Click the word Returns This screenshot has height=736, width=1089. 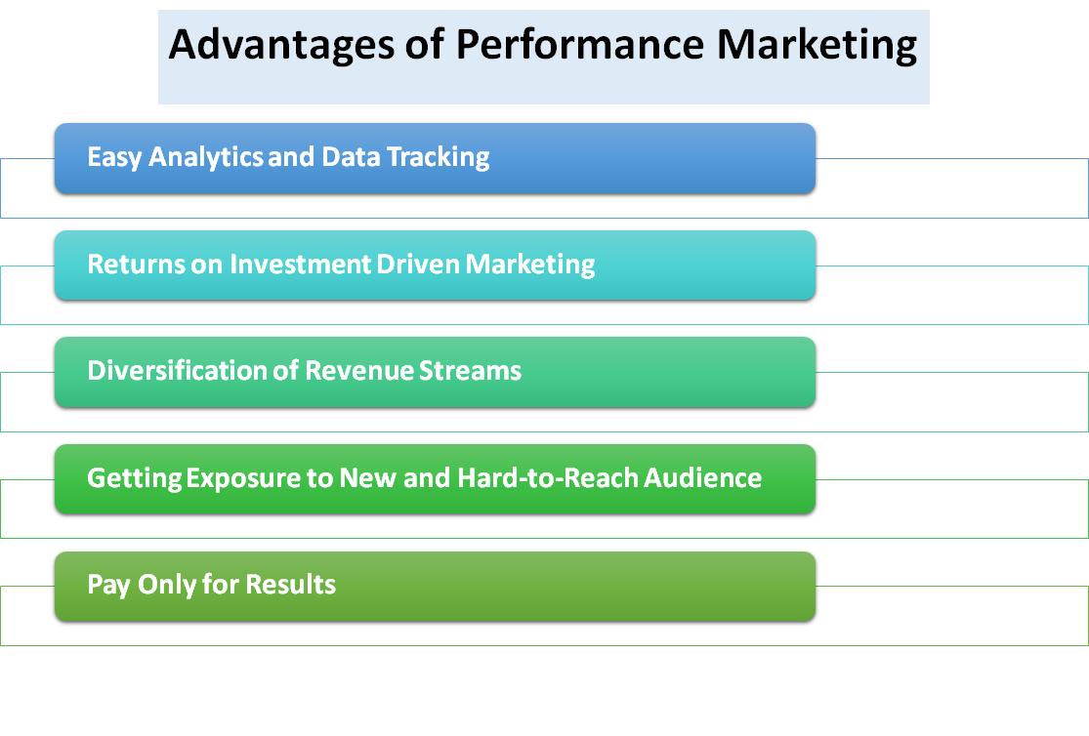[128, 264]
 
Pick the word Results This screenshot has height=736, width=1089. [290, 586]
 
